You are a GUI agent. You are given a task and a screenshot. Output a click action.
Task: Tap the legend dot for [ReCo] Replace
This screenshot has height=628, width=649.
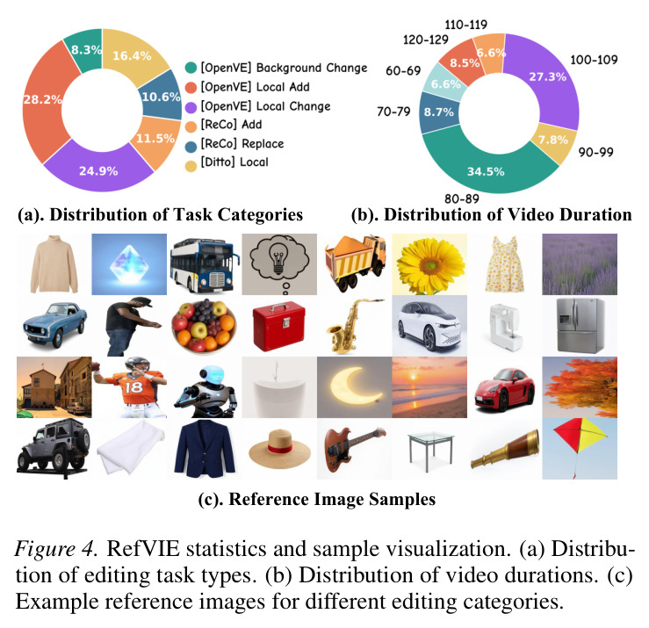191,147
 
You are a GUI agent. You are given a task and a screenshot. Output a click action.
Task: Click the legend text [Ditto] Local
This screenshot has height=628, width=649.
234,162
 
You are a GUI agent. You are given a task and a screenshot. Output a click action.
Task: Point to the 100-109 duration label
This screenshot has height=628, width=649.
594,60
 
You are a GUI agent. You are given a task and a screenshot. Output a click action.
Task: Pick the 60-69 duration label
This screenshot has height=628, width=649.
403,71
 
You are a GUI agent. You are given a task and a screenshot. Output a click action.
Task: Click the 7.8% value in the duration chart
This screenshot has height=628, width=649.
553,140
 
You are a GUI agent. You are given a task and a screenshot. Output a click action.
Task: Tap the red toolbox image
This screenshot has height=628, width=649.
279,326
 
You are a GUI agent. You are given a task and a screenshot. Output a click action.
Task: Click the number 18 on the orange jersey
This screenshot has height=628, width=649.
133,387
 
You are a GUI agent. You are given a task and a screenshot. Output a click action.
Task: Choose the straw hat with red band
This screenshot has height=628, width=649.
280,449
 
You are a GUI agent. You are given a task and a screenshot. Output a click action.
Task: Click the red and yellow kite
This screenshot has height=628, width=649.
580,441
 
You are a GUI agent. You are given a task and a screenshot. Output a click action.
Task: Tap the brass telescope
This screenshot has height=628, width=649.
505,449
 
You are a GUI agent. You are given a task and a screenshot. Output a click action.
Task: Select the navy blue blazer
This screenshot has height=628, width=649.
205,447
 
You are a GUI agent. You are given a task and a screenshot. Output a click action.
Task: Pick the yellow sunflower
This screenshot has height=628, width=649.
430,265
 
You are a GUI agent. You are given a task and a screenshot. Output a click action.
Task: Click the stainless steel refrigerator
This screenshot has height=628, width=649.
580,325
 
